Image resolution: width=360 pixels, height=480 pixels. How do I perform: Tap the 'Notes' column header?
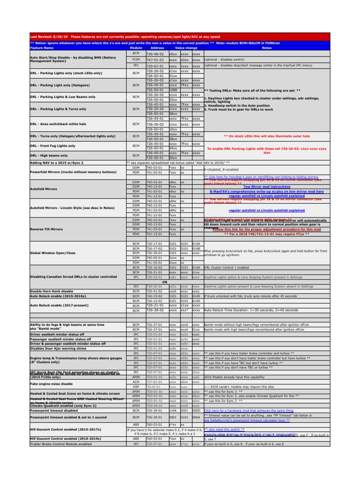pyautogui.click(x=267, y=48)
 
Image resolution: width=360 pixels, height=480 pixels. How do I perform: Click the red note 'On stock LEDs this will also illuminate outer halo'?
pyautogui.click(x=267, y=136)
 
